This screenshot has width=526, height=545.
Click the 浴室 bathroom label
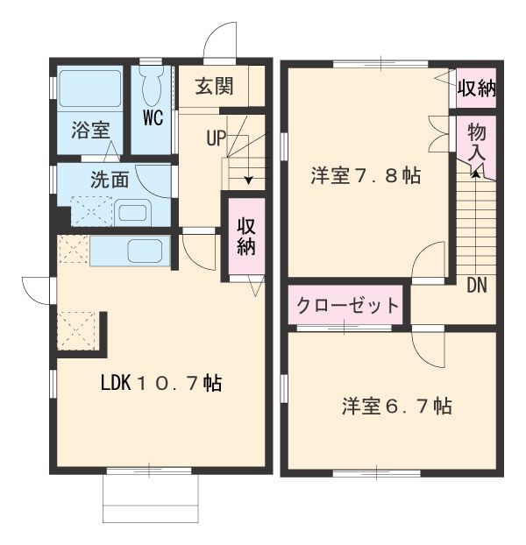pyautogui.click(x=90, y=130)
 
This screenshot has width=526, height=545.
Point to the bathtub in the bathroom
pyautogui.click(x=89, y=89)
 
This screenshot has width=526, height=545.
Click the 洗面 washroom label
pyautogui.click(x=110, y=180)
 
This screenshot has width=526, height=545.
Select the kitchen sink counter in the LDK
pyautogui.click(x=131, y=251)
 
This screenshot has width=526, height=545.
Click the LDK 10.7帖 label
pyautogui.click(x=160, y=383)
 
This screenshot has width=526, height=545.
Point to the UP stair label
pyautogui.click(x=217, y=138)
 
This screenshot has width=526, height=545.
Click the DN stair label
pyautogui.click(x=477, y=285)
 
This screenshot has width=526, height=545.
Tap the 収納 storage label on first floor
pyautogui.click(x=245, y=237)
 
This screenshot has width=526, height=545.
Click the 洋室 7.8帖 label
pyautogui.click(x=365, y=176)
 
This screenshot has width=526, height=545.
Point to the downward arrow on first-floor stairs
pyautogui.click(x=249, y=180)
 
